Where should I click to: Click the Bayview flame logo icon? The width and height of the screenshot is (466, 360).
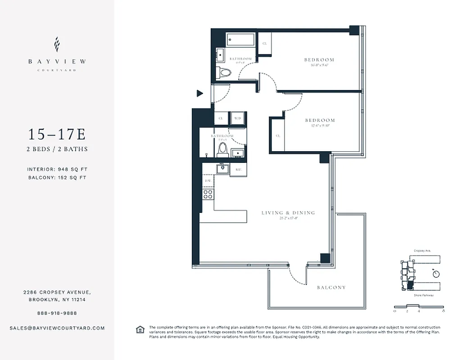[57, 45]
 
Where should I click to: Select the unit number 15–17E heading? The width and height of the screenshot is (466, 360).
[57, 134]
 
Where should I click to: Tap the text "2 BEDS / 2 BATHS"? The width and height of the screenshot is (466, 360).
[57, 149]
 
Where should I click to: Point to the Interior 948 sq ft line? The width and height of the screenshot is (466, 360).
[57, 169]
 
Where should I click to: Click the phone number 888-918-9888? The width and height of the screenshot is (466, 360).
[57, 313]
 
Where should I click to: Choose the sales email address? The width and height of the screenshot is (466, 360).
[57, 328]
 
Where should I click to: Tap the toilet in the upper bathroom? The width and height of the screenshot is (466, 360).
[223, 72]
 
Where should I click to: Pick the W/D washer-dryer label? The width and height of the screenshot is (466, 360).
[238, 118]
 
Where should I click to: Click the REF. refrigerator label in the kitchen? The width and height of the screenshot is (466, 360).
[238, 170]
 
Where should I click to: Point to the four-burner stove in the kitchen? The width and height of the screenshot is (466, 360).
[208, 194]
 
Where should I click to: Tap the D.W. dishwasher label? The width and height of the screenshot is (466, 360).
[208, 181]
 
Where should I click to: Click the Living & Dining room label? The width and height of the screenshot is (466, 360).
[288, 213]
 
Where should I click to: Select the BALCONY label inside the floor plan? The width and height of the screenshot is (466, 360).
[331, 287]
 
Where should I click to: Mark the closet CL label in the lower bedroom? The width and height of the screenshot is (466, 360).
[278, 135]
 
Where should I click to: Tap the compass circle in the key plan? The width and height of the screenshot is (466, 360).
[435, 273]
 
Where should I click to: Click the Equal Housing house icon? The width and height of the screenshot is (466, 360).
[140, 330]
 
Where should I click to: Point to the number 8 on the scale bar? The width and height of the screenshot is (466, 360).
[444, 310]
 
